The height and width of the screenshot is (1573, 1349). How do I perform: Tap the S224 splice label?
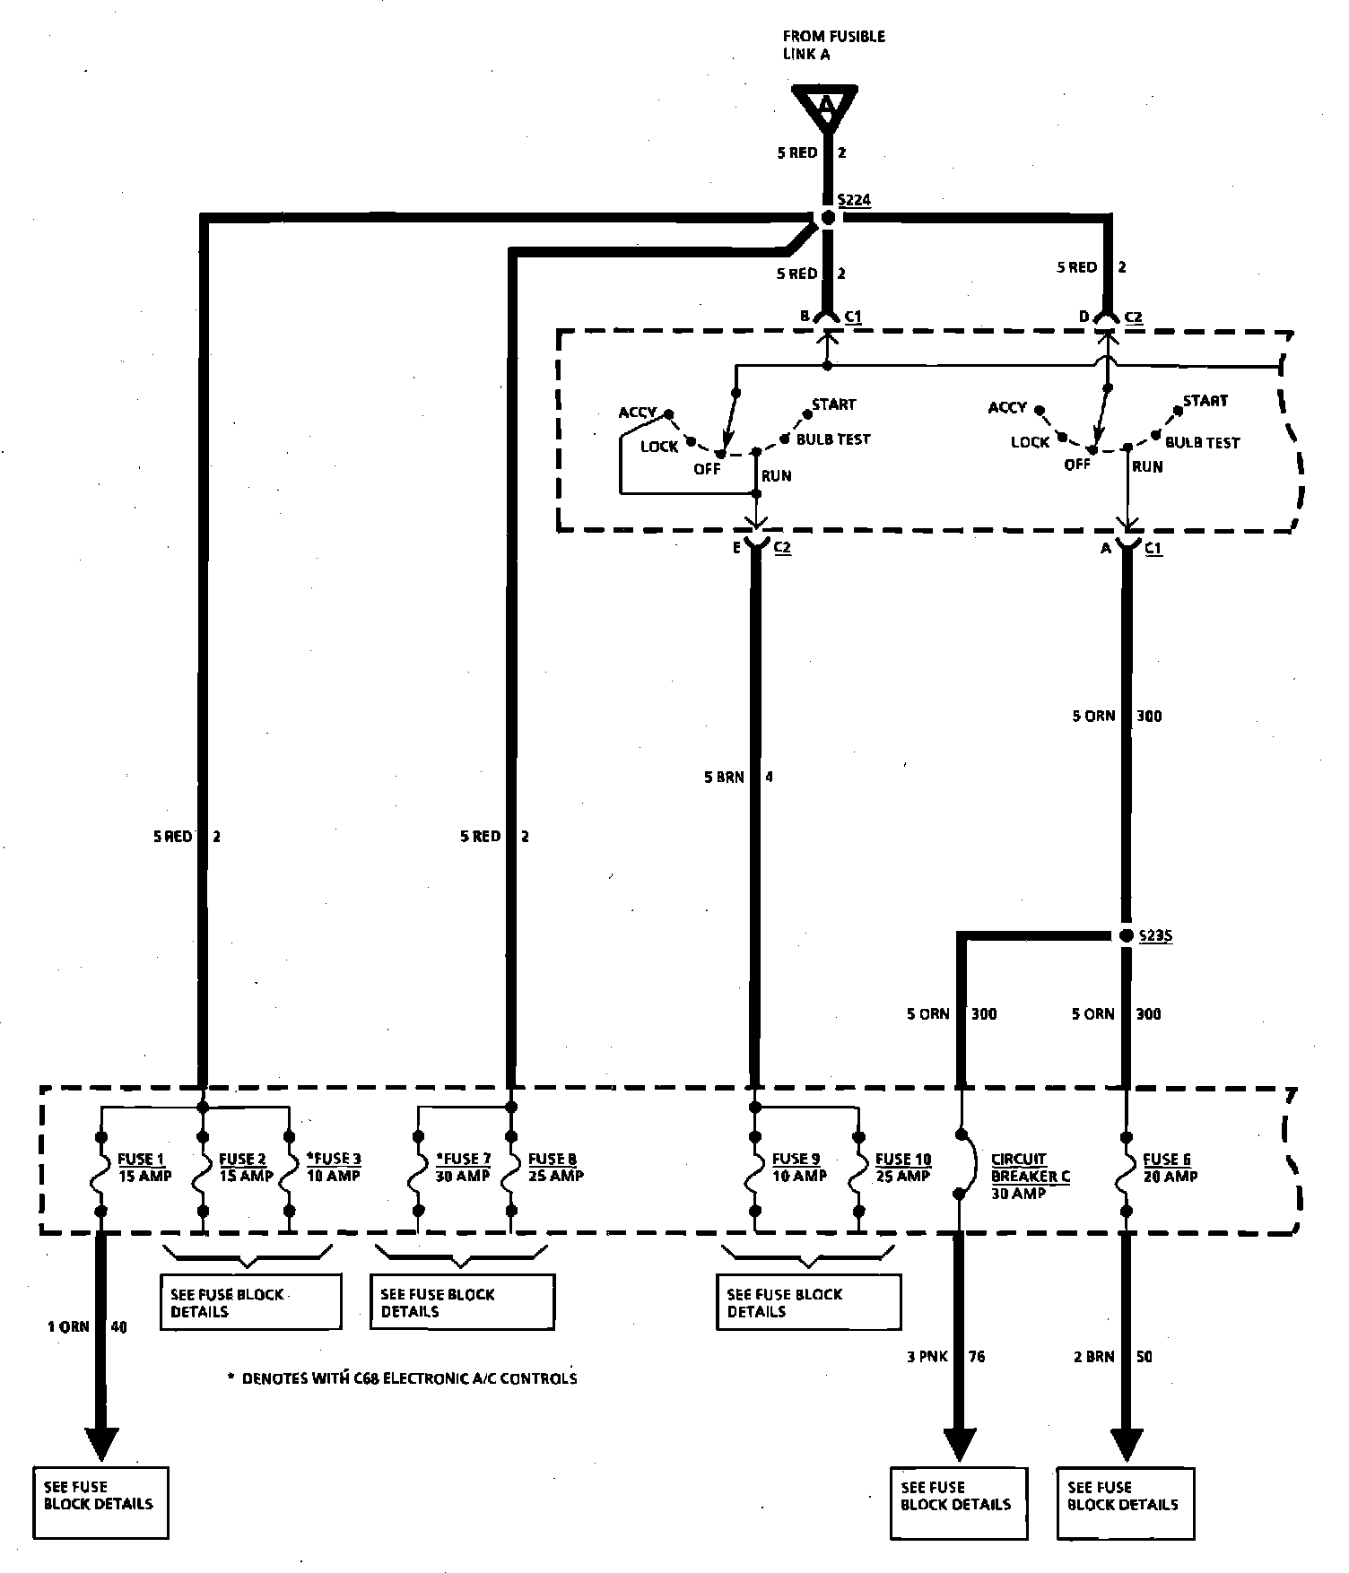coord(854,201)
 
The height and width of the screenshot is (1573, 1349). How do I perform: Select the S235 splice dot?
coord(1127,936)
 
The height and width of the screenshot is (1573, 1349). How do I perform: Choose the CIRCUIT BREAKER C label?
coord(1030,1176)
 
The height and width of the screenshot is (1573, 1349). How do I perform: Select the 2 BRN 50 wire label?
coord(1112,1357)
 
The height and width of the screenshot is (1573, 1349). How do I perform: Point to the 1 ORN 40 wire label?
coord(87,1326)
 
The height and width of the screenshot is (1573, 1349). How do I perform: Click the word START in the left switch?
coord(834,404)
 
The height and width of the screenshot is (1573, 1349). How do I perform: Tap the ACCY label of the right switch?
coord(1007,408)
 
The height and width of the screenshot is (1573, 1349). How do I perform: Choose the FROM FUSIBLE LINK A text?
coord(833,45)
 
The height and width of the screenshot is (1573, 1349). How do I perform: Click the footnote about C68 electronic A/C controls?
coord(403,1378)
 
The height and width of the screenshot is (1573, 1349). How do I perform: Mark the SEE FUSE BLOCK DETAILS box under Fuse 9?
coord(808,1302)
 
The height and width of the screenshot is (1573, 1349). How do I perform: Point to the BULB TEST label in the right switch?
coord(1202,443)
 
